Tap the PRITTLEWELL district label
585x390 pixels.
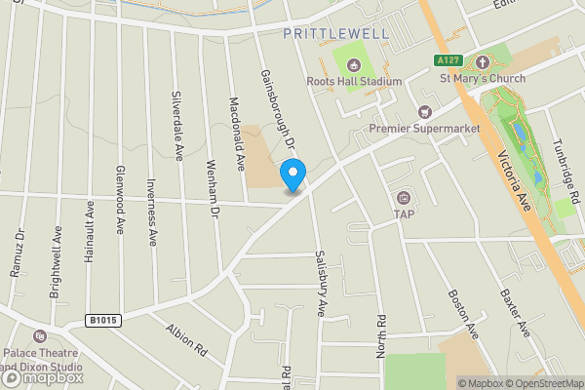coord(335,33)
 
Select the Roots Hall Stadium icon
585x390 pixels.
coord(354,64)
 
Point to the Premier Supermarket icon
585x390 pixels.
coord(424,112)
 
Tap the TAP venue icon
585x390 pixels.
coord(404,198)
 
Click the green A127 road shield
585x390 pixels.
coord(447,60)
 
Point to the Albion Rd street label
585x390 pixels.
coord(187,338)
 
